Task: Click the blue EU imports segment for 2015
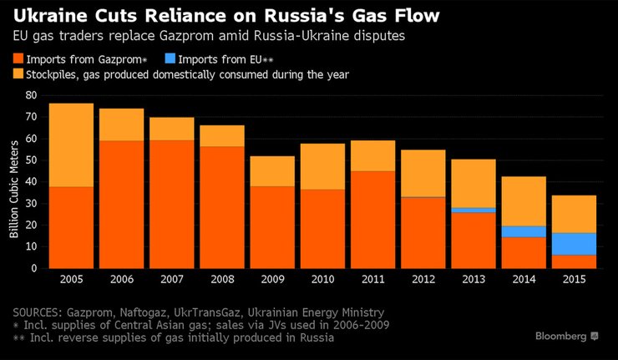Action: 573,244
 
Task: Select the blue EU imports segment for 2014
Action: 523,231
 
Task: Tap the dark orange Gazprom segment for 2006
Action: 121,205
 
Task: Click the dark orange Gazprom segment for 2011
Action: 372,220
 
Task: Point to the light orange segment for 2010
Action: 322,166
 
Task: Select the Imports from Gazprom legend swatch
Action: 19,58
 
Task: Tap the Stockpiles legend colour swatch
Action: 19,74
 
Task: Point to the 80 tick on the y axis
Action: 32,95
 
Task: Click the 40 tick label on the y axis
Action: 32,182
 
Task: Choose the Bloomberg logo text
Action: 561,335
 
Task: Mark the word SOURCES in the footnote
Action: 41,311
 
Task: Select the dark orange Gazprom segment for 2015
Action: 573,261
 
